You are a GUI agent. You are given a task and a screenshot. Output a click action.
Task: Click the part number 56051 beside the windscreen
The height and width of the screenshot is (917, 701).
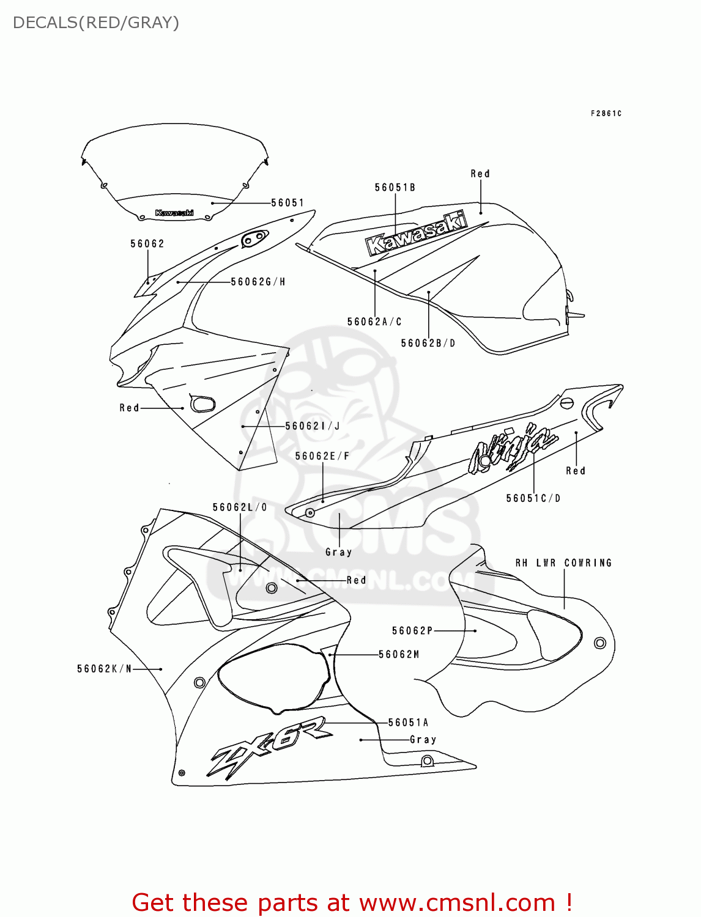[287, 203]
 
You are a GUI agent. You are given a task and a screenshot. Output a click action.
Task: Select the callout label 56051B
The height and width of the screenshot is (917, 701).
[395, 188]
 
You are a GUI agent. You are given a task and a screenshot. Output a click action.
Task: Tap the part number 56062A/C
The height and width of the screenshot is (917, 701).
[374, 322]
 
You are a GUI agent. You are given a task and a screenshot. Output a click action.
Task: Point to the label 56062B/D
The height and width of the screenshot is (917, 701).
[428, 344]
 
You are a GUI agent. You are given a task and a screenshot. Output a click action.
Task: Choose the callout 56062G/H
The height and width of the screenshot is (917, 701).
[258, 282]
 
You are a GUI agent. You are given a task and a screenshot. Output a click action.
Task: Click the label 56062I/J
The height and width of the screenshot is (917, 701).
[313, 426]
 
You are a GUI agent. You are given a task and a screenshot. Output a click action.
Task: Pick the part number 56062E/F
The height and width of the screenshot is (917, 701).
[322, 456]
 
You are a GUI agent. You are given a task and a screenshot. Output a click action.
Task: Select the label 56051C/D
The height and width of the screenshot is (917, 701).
[533, 498]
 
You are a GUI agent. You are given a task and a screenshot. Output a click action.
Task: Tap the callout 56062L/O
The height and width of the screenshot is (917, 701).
[240, 507]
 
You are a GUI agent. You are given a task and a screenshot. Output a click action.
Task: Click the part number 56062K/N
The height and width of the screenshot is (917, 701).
[105, 669]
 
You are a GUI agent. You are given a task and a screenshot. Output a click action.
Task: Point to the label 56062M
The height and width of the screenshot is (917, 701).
[399, 655]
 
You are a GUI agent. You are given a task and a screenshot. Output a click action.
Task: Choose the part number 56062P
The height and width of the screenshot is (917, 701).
[412, 631]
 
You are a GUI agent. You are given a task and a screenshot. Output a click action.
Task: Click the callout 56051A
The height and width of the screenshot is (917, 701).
[409, 723]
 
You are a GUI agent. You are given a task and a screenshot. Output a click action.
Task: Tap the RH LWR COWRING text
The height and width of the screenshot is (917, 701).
[563, 563]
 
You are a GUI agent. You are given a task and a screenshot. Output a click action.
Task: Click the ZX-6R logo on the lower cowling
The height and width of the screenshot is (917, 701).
[269, 748]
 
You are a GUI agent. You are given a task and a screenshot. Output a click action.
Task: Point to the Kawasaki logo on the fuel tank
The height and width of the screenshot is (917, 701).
[416, 233]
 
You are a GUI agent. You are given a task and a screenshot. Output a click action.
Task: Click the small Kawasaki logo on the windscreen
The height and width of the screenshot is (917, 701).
[174, 213]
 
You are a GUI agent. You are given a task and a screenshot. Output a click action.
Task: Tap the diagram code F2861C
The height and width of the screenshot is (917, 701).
[606, 114]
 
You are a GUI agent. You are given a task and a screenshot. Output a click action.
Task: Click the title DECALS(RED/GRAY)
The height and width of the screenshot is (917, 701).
[96, 23]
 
